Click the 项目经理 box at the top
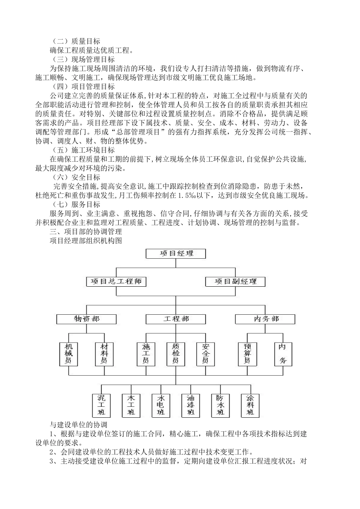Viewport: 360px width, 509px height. coord(176,253)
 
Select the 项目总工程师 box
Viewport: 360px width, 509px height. coord(116,281)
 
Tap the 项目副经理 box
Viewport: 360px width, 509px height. coord(235,281)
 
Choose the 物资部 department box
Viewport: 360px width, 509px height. coord(87,319)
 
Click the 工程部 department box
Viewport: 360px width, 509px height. coord(176,319)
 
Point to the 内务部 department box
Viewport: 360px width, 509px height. coord(265,319)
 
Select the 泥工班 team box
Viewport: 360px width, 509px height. coord(102,405)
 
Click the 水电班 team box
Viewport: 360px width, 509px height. coord(161,405)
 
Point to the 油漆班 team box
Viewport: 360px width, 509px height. coord(191,405)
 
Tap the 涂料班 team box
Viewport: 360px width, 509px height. coord(250,405)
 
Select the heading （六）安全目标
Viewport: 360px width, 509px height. coord(76,177)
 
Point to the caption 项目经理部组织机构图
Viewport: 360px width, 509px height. coord(86,240)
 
